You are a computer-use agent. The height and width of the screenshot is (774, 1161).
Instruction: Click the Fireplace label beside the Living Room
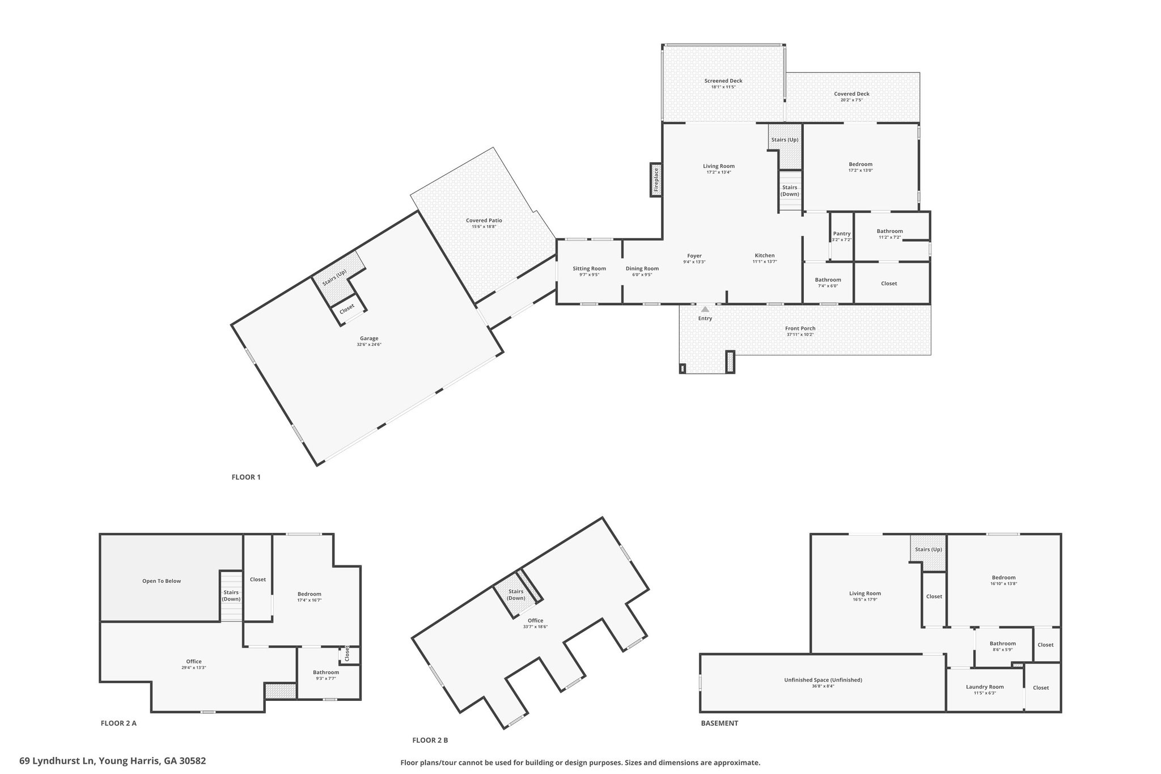click(x=656, y=180)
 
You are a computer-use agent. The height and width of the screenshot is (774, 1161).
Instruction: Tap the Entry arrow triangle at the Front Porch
click(x=705, y=310)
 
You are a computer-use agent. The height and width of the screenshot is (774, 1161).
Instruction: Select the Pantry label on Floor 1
click(x=842, y=234)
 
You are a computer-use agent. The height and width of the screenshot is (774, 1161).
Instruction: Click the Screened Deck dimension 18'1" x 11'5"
click(x=723, y=87)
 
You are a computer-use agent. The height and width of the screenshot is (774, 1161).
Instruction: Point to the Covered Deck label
click(x=851, y=94)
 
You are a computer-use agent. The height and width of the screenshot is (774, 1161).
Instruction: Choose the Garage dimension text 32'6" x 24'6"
click(x=369, y=345)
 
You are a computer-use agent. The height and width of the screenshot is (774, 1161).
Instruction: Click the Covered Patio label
click(x=484, y=221)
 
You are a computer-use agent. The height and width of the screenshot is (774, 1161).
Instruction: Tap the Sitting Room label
click(x=589, y=269)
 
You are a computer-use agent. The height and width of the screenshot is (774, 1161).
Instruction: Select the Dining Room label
click(x=642, y=269)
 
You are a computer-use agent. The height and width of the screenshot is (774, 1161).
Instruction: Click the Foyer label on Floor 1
click(x=694, y=256)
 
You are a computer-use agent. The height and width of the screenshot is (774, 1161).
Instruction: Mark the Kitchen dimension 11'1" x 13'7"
click(x=764, y=262)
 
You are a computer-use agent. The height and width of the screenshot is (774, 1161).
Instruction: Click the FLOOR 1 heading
click(x=246, y=477)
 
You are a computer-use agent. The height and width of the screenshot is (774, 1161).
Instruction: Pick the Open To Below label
click(x=162, y=581)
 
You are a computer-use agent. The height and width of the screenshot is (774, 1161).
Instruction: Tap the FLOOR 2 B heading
click(x=430, y=741)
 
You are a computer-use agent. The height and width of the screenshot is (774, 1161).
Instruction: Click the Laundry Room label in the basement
click(x=985, y=687)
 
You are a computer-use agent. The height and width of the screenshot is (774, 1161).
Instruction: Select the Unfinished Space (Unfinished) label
click(x=823, y=680)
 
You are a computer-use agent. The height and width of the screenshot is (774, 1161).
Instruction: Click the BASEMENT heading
click(x=719, y=724)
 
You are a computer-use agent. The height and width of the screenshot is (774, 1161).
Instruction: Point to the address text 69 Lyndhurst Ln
click(x=57, y=761)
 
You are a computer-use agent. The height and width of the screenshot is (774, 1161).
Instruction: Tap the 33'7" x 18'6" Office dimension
click(x=535, y=627)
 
